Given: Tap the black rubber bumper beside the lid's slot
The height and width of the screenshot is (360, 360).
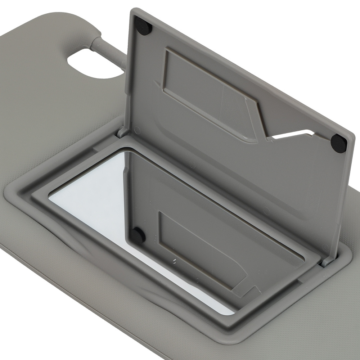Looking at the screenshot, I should [338, 143].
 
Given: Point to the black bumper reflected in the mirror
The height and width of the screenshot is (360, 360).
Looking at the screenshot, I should [138, 235].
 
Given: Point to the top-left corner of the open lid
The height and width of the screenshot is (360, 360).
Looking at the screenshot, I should [132, 11].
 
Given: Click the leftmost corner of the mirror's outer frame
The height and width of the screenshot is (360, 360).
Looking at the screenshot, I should [5, 191].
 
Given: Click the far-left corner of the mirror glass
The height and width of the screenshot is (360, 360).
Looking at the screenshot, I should [50, 196].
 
